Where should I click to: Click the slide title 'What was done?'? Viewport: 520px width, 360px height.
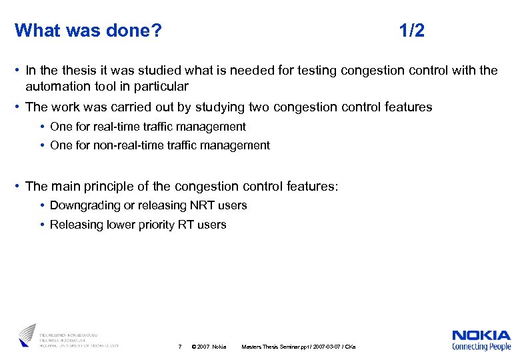(x=88, y=31)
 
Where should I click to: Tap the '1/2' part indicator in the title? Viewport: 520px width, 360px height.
(x=411, y=31)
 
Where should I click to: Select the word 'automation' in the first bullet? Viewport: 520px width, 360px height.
(x=56, y=86)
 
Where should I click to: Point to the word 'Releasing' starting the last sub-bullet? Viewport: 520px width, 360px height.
(x=77, y=225)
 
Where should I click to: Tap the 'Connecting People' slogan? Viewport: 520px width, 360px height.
(x=481, y=347)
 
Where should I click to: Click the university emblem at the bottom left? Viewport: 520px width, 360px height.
(x=27, y=335)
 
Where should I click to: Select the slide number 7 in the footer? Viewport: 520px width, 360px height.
(x=179, y=347)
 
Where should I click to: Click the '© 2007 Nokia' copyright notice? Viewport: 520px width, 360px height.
(x=209, y=347)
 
